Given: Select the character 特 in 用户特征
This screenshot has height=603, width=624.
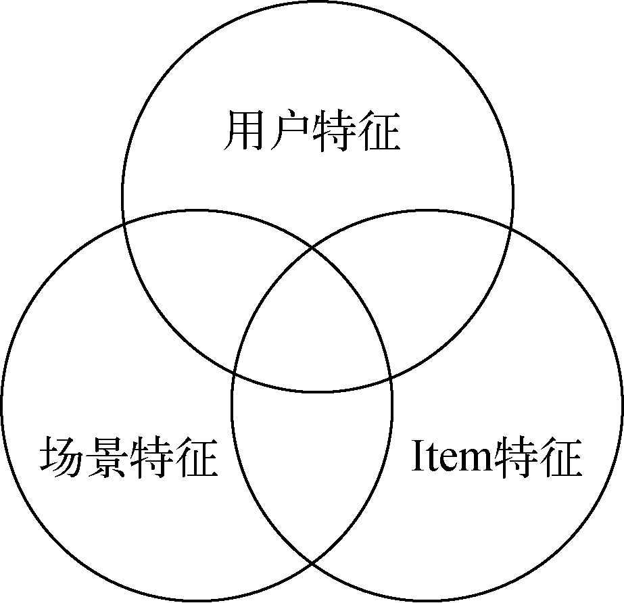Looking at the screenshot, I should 333,131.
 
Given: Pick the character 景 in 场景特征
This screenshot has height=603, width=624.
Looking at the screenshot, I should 107,458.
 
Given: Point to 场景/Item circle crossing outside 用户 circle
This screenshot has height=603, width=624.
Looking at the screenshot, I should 312,562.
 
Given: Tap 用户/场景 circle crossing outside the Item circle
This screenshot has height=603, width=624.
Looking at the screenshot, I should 123,222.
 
